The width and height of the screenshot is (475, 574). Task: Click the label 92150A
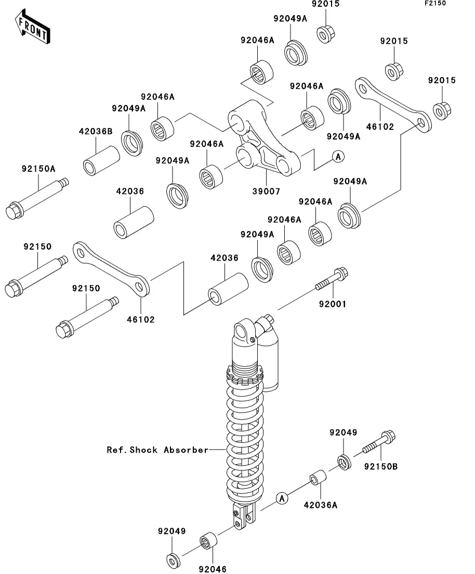[38, 169]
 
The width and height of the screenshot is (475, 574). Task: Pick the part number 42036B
[96, 132]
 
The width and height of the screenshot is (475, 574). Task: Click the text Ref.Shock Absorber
[157, 450]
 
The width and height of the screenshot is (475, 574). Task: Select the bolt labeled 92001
[331, 279]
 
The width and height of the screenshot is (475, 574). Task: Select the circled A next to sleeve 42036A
[282, 498]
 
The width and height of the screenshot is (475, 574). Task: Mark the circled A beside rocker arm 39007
[338, 156]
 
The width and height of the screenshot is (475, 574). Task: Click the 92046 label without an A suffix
[212, 569]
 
